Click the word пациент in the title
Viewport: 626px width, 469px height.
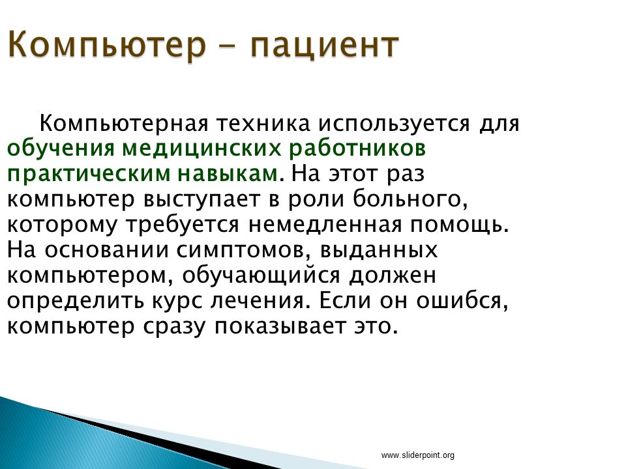pyautogui.click(x=325, y=45)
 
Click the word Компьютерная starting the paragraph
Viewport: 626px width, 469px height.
pyautogui.click(x=124, y=124)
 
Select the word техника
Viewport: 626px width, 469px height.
pyautogui.click(x=263, y=123)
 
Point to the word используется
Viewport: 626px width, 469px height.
pyautogui.click(x=394, y=124)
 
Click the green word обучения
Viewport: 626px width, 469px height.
pyautogui.click(x=61, y=149)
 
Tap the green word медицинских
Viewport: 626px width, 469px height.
pyautogui.click(x=201, y=149)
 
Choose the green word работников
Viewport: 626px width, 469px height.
pyautogui.click(x=357, y=149)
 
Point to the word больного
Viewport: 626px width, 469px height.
pyautogui.click(x=410, y=199)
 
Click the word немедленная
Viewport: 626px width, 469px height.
pyautogui.click(x=325, y=225)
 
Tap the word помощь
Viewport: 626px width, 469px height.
pyautogui.click(x=460, y=225)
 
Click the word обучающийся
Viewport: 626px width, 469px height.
pyautogui.click(x=261, y=276)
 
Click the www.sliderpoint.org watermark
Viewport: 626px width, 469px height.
pyautogui.click(x=417, y=455)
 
